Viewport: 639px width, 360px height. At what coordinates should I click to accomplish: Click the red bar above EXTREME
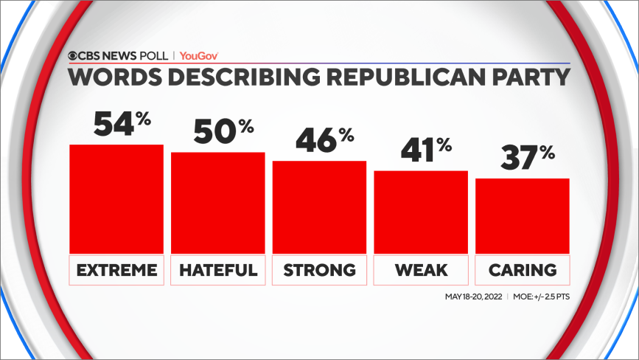116,198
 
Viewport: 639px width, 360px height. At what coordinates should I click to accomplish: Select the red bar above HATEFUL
217,202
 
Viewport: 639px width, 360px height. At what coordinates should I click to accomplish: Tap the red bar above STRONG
319,207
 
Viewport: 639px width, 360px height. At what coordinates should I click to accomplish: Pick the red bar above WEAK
421,212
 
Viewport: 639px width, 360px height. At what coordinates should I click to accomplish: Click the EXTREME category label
116,270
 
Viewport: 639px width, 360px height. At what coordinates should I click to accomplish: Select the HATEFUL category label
217,270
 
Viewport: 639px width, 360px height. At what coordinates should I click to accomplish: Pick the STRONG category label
319,270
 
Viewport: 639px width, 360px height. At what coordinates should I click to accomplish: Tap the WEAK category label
421,270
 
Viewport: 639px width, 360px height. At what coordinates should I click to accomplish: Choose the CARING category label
523,270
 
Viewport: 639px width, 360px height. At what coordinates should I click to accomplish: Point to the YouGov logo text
199,55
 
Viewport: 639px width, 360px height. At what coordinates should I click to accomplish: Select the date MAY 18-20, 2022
472,297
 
